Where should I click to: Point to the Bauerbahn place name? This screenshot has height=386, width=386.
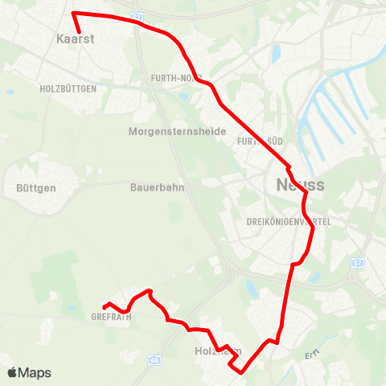(x=157, y=187)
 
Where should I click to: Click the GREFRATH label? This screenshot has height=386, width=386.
(x=111, y=316)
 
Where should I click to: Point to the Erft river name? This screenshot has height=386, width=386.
(x=312, y=355)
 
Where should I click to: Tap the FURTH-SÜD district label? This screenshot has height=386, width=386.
(x=257, y=142)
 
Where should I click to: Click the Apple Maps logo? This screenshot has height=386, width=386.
(x=29, y=372)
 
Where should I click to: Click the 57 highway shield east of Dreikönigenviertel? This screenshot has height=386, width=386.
(x=358, y=263)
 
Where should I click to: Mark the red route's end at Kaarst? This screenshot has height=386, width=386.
(x=80, y=32)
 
